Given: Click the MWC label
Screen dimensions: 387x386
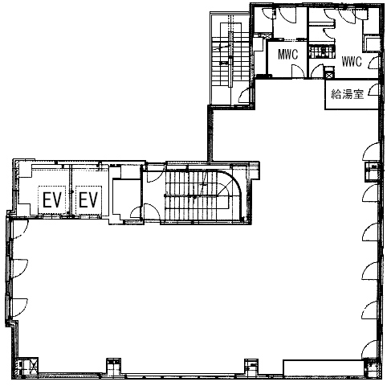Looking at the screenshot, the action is [287, 55].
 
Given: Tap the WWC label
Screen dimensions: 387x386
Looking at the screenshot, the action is [352, 62].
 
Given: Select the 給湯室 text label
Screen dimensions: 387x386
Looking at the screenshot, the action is [348, 94].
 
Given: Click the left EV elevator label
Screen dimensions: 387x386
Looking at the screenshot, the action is [52, 200].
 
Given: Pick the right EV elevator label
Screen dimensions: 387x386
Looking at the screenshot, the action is [88, 200].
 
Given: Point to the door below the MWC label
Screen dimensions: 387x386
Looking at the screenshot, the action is [297, 71].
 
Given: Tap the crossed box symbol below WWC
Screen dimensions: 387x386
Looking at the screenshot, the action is [329, 75].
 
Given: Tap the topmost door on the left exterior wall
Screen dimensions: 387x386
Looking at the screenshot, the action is [20, 228].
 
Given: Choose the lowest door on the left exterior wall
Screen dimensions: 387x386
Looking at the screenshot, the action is [20, 307].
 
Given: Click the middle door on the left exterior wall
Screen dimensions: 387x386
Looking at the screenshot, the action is [20, 269].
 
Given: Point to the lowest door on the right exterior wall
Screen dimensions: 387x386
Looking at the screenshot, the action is [369, 349].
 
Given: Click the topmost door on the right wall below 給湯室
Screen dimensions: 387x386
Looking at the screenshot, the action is [371, 152].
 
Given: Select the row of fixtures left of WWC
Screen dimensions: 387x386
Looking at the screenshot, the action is [322, 52].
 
